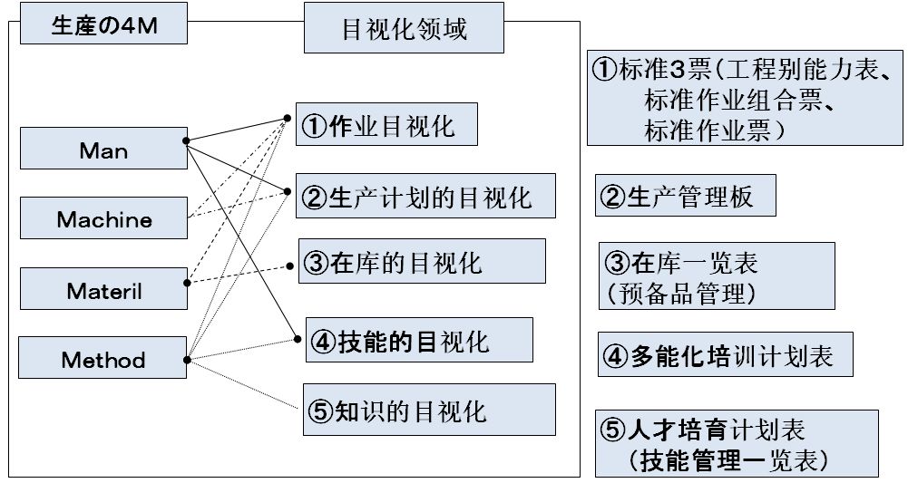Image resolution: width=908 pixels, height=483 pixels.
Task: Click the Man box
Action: click(x=103, y=150)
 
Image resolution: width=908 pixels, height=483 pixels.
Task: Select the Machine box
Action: click(x=103, y=219)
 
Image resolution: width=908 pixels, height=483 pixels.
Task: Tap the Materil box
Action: click(x=103, y=291)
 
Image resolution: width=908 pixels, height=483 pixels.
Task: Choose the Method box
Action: click(x=103, y=360)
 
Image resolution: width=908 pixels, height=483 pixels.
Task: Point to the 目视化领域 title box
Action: click(x=404, y=30)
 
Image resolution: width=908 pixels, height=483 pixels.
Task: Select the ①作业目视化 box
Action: click(x=388, y=125)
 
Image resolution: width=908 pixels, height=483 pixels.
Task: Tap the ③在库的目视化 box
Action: click(x=422, y=262)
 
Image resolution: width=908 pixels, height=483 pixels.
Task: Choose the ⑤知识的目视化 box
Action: click(x=427, y=410)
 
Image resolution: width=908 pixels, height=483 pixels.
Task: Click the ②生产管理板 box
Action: click(x=686, y=196)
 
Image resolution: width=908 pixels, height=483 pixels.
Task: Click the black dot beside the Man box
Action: click(x=185, y=141)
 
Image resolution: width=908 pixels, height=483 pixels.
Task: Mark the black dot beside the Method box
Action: click(x=185, y=360)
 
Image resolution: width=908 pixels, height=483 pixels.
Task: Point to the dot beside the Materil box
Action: click(x=185, y=283)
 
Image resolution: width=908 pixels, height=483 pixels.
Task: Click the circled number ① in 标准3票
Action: click(x=605, y=70)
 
